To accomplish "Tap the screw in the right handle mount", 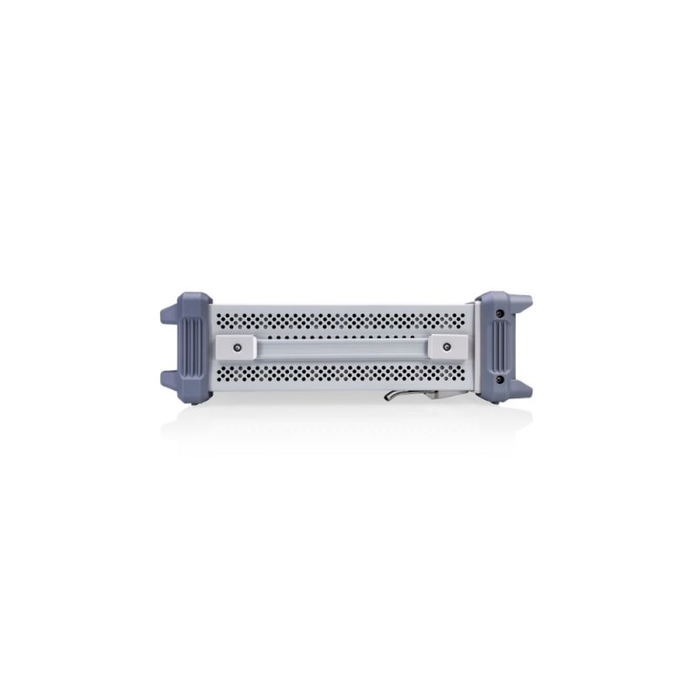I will (446, 347).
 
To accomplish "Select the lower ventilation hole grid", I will (342, 375).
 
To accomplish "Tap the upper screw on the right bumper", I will (499, 312).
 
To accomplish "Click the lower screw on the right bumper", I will (499, 379).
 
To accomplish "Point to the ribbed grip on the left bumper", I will (193, 347).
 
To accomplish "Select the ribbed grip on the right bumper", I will (502, 346).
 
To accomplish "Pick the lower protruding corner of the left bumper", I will (170, 380).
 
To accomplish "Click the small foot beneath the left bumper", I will (193, 401).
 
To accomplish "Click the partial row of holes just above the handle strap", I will (342, 334).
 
